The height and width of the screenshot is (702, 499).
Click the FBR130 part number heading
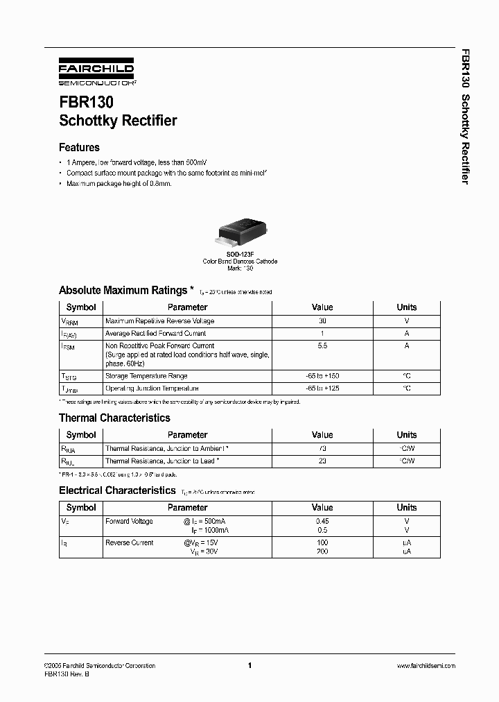coord(86,101)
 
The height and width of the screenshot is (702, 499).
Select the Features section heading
coord(79,147)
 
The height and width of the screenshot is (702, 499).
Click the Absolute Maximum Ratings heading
coord(123,290)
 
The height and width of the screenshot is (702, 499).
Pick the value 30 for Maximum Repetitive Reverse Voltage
coord(322,321)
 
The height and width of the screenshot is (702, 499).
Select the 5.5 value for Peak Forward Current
coord(322,345)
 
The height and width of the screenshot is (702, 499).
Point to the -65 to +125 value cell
coord(322,388)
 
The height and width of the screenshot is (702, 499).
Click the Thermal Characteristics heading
coord(114,418)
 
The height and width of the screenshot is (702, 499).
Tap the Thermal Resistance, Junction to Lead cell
coord(162,461)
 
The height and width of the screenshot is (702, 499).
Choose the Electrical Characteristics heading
coord(117,490)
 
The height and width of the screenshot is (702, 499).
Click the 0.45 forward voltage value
coord(322,521)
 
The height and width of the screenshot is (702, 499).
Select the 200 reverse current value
coord(322,551)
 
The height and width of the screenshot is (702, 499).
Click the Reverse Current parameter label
coord(130,542)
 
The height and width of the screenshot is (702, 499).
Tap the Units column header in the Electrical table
coord(407,507)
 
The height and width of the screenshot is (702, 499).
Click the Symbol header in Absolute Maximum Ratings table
coord(81,307)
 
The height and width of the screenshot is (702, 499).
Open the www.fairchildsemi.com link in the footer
coord(426,665)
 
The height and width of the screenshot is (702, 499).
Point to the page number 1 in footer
coord(249,665)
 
